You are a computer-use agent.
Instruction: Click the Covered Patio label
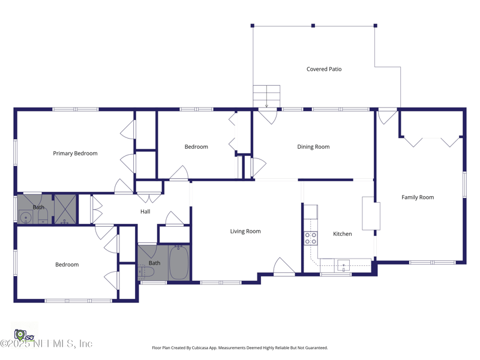(324, 69)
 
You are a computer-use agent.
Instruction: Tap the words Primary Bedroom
(75, 154)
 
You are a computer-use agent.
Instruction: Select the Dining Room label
(313, 147)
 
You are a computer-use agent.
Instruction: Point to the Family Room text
(418, 197)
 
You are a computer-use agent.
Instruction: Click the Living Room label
(245, 231)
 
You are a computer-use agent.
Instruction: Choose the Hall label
(145, 212)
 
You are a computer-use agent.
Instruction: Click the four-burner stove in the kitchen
(310, 238)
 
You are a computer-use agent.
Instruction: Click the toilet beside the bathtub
(146, 272)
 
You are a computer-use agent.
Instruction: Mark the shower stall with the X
(64, 209)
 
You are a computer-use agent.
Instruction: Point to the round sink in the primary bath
(25, 218)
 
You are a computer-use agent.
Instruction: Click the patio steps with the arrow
(266, 96)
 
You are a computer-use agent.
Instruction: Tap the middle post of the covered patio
(313, 26)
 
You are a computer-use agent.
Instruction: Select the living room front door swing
(284, 266)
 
